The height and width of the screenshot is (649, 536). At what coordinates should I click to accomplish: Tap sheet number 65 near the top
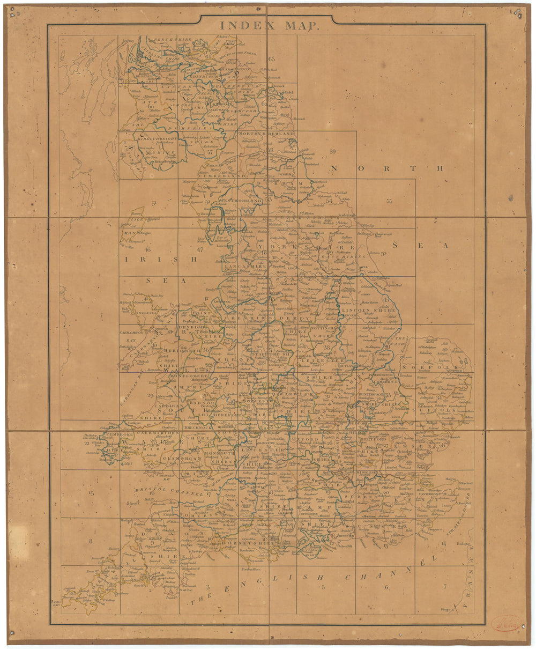point(272,60)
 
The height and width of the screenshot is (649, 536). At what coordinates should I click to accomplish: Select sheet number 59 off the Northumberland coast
point(332,152)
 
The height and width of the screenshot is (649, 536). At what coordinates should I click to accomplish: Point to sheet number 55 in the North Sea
point(390,201)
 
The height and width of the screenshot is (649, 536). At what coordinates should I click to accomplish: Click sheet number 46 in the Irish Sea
point(148,249)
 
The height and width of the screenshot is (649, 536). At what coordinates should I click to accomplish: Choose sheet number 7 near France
point(444,586)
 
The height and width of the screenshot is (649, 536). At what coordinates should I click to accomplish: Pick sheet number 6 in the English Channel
point(386,587)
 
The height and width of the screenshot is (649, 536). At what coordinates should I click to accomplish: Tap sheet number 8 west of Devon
point(91,542)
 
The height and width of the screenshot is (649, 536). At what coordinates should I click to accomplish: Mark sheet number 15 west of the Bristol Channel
point(91,493)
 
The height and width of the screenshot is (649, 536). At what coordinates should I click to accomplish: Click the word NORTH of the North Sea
point(386,168)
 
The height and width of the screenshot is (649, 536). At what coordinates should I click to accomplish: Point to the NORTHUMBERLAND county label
point(267,134)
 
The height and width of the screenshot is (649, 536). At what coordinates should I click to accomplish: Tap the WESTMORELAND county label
point(240,201)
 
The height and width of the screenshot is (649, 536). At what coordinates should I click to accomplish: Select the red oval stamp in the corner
point(506,623)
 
